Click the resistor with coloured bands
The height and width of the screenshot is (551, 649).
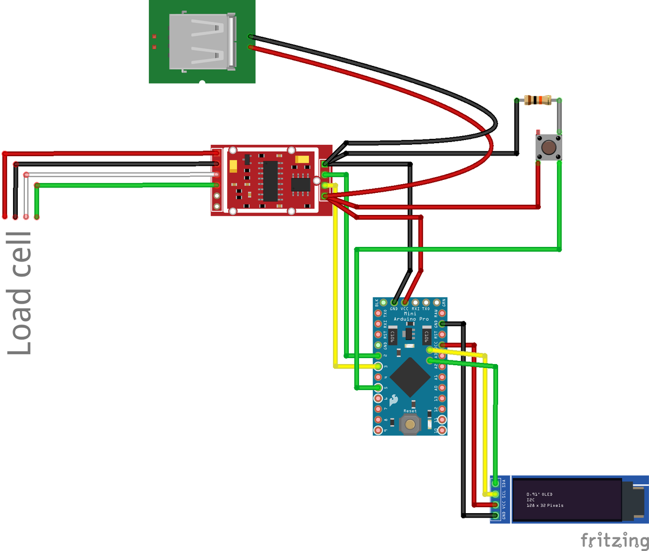538,100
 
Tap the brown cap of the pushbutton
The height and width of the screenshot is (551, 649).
548,147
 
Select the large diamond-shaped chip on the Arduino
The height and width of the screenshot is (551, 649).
410,377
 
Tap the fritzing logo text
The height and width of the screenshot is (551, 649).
614,540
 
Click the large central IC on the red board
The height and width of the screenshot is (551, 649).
270,180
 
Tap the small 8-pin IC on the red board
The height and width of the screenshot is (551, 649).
300,184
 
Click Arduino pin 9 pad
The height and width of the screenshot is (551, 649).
378,431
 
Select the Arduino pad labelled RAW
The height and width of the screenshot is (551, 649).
443,313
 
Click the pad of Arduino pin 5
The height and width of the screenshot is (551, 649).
378,387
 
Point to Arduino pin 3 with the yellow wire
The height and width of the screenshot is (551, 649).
378,366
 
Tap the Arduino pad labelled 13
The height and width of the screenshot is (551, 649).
443,398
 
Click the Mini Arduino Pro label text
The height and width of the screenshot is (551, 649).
410,316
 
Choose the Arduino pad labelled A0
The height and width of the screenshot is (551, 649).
443,387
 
